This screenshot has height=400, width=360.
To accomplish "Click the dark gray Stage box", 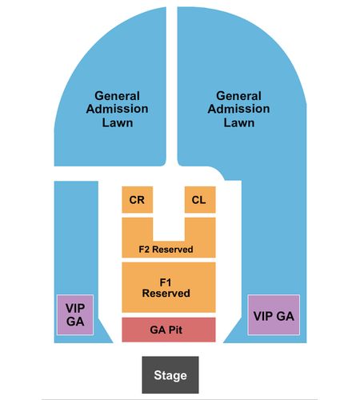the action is pyautogui.click(x=170, y=374).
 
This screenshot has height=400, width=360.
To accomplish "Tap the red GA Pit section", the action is pyautogui.click(x=169, y=330).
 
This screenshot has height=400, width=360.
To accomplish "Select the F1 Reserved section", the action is pyautogui.click(x=169, y=287).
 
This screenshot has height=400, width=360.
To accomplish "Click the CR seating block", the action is pyautogui.click(x=137, y=200).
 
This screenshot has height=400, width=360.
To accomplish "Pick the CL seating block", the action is pyautogui.click(x=200, y=200).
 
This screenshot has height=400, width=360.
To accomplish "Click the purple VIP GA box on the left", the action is pyautogui.click(x=75, y=314).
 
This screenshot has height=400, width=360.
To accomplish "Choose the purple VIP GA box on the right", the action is pyautogui.click(x=274, y=314).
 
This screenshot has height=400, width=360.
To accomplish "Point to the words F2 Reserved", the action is pyautogui.click(x=166, y=250).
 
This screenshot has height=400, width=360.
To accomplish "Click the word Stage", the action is pyautogui.click(x=170, y=375).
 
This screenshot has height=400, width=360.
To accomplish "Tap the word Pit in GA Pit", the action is pyautogui.click(x=174, y=330).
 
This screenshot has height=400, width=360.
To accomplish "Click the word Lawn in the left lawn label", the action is pyautogui.click(x=118, y=122).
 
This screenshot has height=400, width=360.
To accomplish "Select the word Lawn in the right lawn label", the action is pyautogui.click(x=239, y=122).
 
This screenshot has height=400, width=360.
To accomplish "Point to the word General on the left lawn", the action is pyautogui.click(x=117, y=96).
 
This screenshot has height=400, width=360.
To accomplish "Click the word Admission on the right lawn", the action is pyautogui.click(x=238, y=109).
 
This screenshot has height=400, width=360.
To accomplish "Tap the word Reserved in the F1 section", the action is pyautogui.click(x=166, y=294).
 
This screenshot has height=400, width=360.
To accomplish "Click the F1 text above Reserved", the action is pyautogui.click(x=166, y=282).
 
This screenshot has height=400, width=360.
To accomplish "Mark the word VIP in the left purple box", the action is pyautogui.click(x=75, y=308).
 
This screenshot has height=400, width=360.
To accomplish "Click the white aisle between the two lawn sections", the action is pyautogui.click(x=172, y=86).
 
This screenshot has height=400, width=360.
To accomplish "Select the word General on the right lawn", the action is pyautogui.click(x=238, y=96).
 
